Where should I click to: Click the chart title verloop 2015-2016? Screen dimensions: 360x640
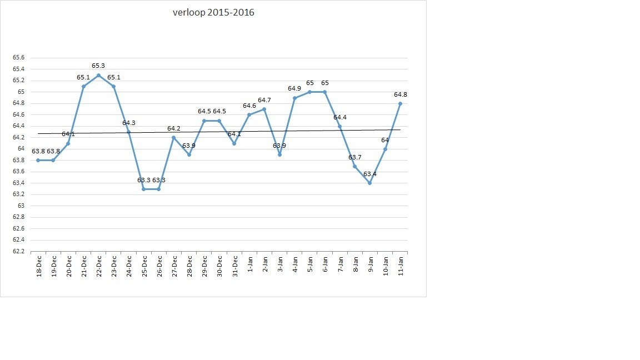point(213,12)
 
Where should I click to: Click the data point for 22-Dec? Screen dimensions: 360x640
point(98,75)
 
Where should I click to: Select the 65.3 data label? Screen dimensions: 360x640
point(98,66)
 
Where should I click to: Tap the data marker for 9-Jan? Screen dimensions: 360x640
point(370,183)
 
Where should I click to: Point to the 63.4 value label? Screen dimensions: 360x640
point(370,174)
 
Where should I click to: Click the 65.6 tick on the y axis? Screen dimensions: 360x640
point(18,58)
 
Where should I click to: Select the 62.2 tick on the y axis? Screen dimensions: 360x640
point(18,252)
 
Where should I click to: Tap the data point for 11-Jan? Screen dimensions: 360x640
point(400,103)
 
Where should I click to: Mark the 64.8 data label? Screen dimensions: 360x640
point(401,94)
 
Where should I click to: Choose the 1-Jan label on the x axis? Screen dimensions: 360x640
point(249,267)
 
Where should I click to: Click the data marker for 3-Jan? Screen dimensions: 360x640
point(279,154)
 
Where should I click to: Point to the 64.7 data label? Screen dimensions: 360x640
point(264,100)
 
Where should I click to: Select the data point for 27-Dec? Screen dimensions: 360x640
point(174,137)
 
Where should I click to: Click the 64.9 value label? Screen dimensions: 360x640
point(294,88)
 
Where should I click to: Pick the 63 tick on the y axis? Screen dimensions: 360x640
point(22,206)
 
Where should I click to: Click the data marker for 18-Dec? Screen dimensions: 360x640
point(38,160)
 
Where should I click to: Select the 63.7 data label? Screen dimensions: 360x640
point(355,157)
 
